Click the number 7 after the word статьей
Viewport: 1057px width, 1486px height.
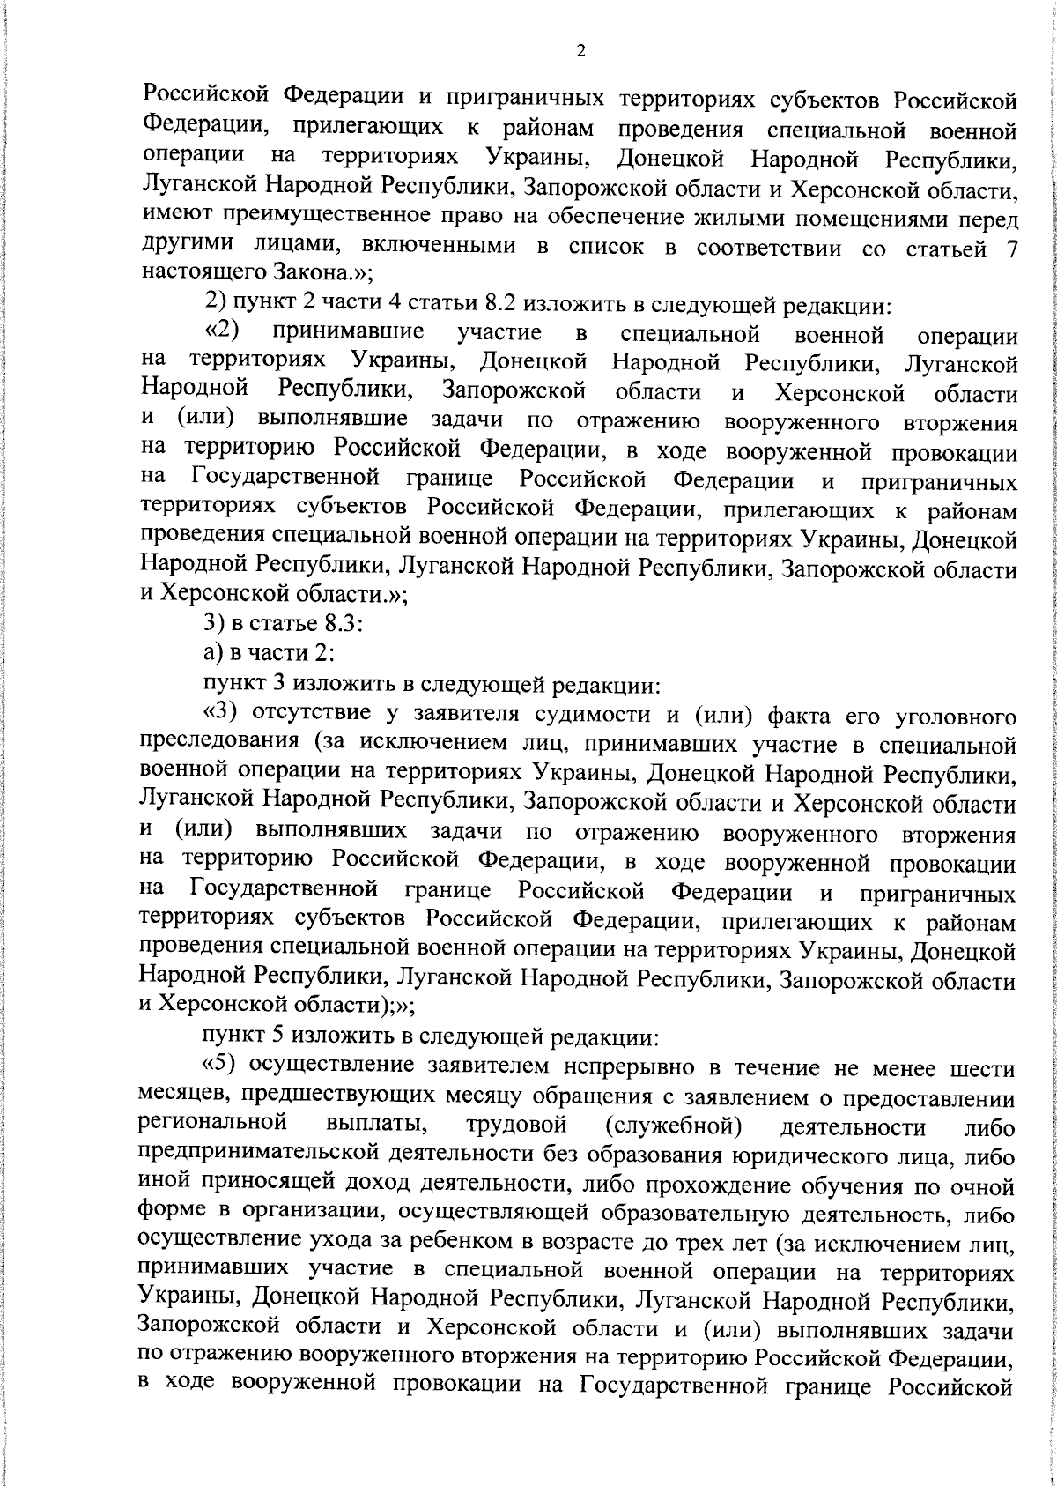1012,249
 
